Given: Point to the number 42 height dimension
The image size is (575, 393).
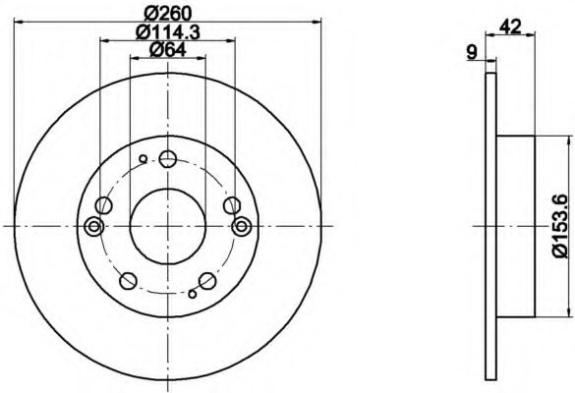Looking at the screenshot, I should click(x=509, y=28).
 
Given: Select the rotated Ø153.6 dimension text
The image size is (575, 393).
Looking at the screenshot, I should click(x=560, y=226).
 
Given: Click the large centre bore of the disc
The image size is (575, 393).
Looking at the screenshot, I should click(x=167, y=226).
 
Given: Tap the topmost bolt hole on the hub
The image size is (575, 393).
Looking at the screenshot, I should click(x=168, y=160).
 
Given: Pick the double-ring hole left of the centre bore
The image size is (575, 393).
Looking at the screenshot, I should click(x=94, y=226).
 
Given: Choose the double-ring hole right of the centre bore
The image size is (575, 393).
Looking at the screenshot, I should click(x=241, y=226).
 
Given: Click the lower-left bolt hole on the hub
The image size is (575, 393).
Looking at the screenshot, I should click(x=127, y=282).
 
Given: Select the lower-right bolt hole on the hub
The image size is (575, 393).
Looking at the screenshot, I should click(x=207, y=281).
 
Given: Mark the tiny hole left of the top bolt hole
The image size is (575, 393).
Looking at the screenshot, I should click(x=144, y=158).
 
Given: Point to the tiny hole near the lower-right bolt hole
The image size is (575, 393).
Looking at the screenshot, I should click(x=193, y=292).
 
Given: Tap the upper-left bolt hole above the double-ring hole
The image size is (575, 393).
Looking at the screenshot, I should click(x=104, y=205).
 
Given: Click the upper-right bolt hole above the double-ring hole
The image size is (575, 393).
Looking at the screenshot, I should click(x=231, y=205).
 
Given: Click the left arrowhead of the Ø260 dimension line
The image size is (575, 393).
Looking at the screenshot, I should click(x=21, y=22).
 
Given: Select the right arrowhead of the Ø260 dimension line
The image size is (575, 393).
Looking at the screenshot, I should click(x=316, y=22).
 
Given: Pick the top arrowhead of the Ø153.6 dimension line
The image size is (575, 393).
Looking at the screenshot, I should click(x=567, y=140).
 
